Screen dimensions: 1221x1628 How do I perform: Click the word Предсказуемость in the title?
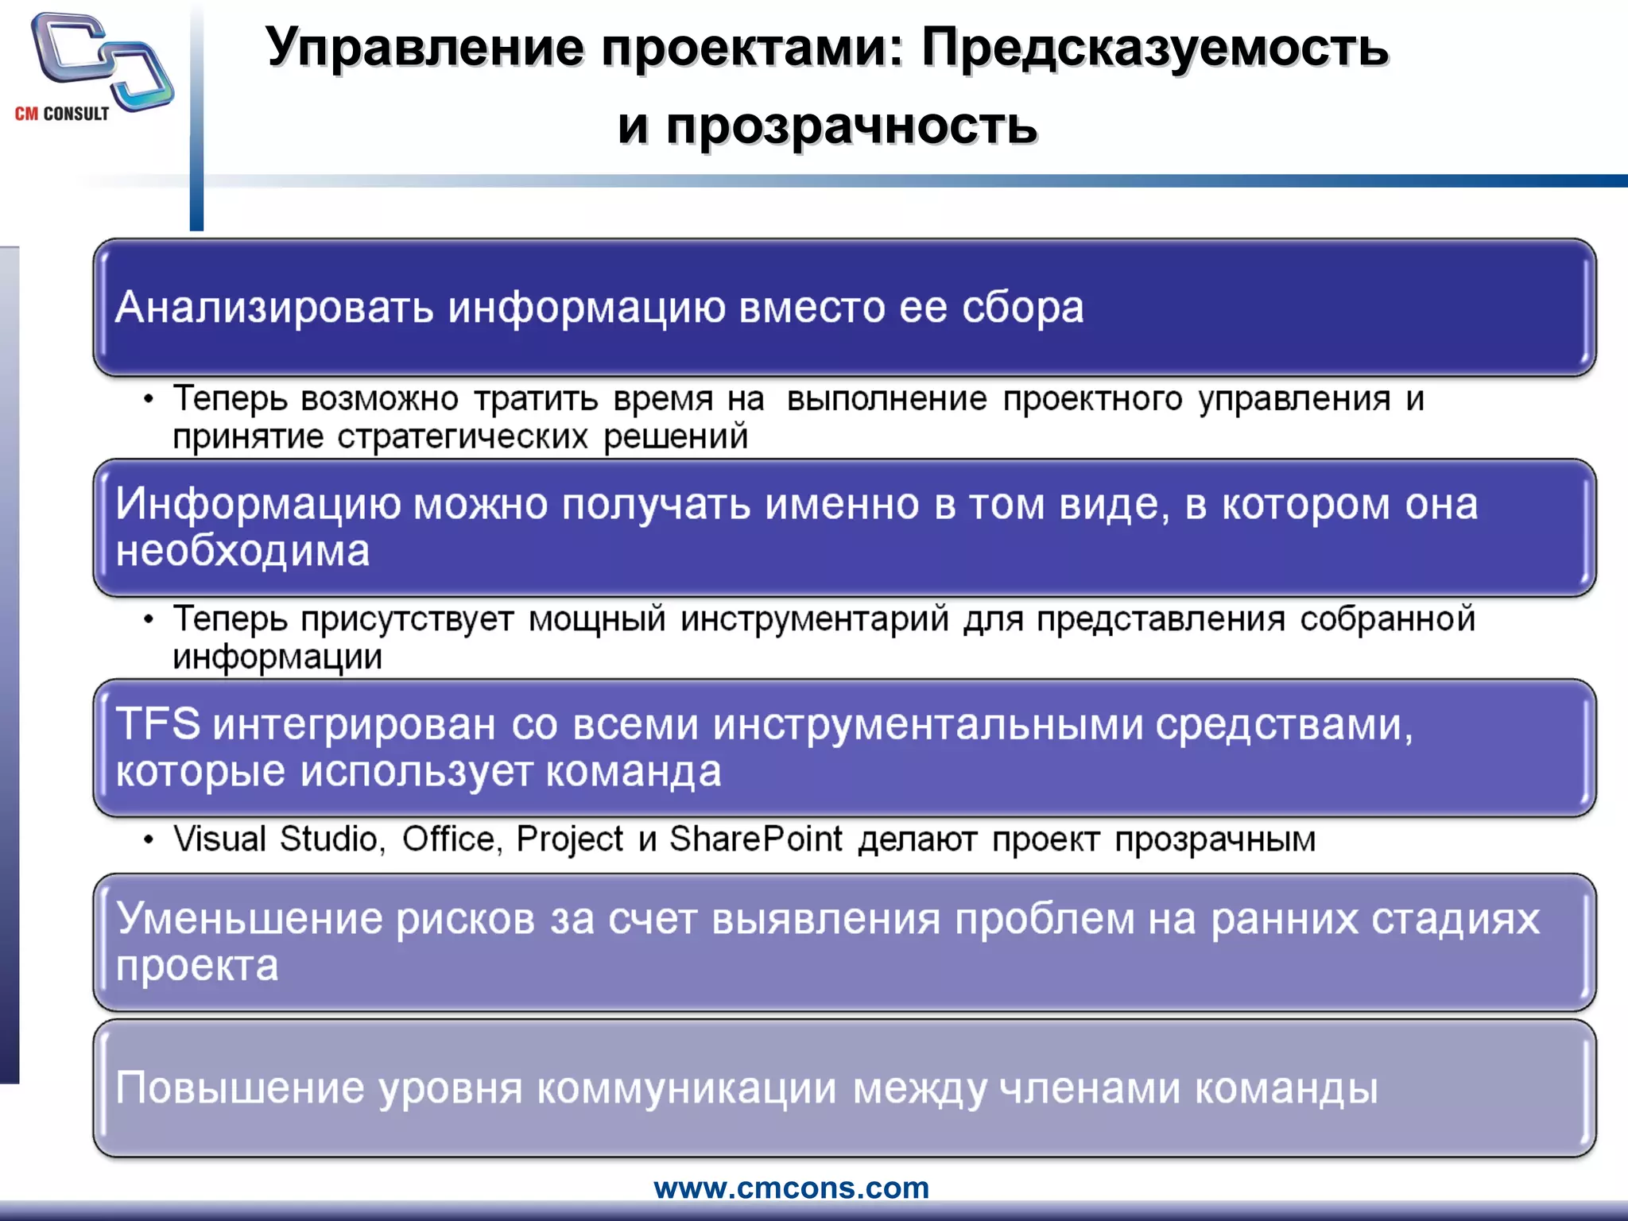pyautogui.click(x=1155, y=48)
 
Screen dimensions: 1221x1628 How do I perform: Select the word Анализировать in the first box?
pyautogui.click(x=274, y=308)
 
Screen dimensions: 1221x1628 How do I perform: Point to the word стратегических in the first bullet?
pyautogui.click(x=463, y=437)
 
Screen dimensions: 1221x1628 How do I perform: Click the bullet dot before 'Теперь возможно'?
pyautogui.click(x=149, y=400)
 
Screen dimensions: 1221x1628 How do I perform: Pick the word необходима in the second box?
pyautogui.click(x=242, y=551)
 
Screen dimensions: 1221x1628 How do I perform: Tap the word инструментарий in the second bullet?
pyautogui.click(x=815, y=619)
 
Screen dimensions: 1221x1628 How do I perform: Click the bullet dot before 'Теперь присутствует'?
pyautogui.click(x=149, y=620)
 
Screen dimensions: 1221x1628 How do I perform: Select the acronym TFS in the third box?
pyautogui.click(x=158, y=724)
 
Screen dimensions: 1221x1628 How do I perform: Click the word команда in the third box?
pyautogui.click(x=634, y=771)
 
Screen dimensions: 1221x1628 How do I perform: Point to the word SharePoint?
pyautogui.click(x=755, y=839)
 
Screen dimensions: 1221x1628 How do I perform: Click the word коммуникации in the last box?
pyautogui.click(x=687, y=1088)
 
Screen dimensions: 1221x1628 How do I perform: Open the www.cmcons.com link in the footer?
pyautogui.click(x=791, y=1188)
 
